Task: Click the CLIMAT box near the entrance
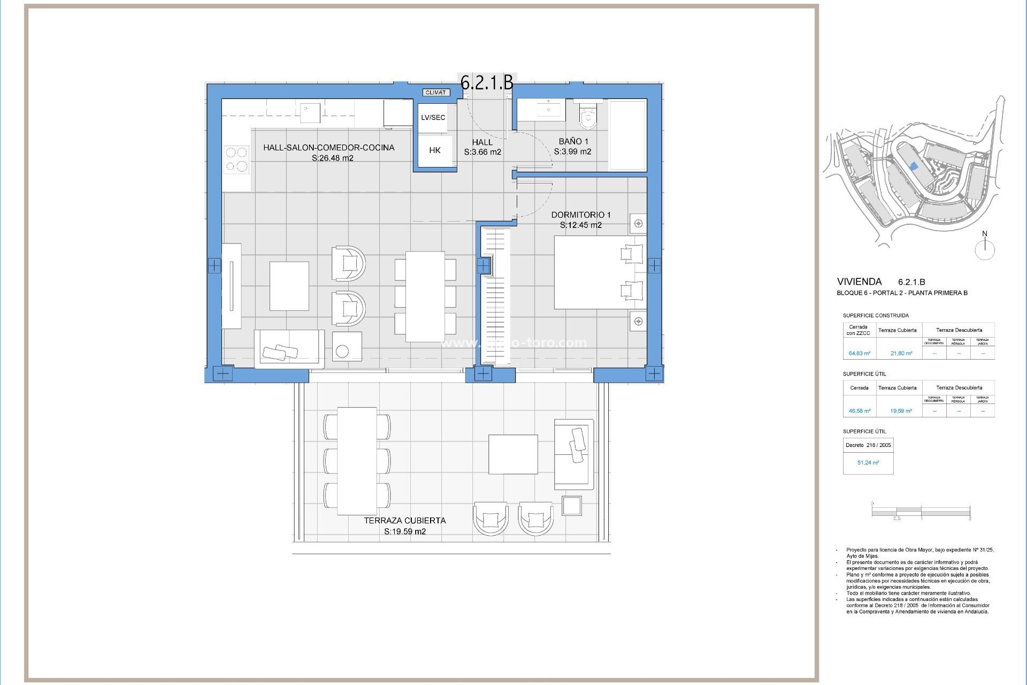point(435,93)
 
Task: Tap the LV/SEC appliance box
point(433,118)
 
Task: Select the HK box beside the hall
point(434,151)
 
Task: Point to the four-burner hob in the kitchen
point(236,159)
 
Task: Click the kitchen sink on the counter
point(310,113)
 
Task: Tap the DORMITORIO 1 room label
point(580,215)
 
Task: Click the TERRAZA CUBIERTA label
point(404,520)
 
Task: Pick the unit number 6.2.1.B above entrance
point(487,82)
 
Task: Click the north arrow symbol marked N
point(985,248)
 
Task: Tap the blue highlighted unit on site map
point(914,167)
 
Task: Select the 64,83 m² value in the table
point(859,353)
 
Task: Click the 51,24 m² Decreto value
point(868,462)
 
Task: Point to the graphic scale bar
point(921,512)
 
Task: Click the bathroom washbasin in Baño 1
point(546,110)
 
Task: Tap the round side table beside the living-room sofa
point(342,352)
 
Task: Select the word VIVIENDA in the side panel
point(859,281)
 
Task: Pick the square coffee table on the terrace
point(512,454)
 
